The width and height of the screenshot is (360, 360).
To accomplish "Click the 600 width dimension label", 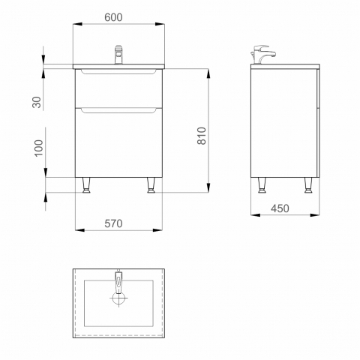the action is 113,17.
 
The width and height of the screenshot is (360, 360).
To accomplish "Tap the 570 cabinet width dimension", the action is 113,223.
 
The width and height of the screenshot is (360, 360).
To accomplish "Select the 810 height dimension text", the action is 202,136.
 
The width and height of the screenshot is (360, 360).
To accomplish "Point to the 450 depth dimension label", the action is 280,208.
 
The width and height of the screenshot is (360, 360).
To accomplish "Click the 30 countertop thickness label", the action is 37,102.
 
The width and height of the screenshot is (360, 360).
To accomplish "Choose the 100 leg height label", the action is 39,148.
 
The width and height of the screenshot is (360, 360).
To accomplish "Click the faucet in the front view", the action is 118,55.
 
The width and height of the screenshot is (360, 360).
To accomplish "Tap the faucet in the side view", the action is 262,55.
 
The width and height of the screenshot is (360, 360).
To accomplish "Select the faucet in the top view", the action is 118,281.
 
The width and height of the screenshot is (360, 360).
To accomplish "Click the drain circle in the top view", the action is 118,298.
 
